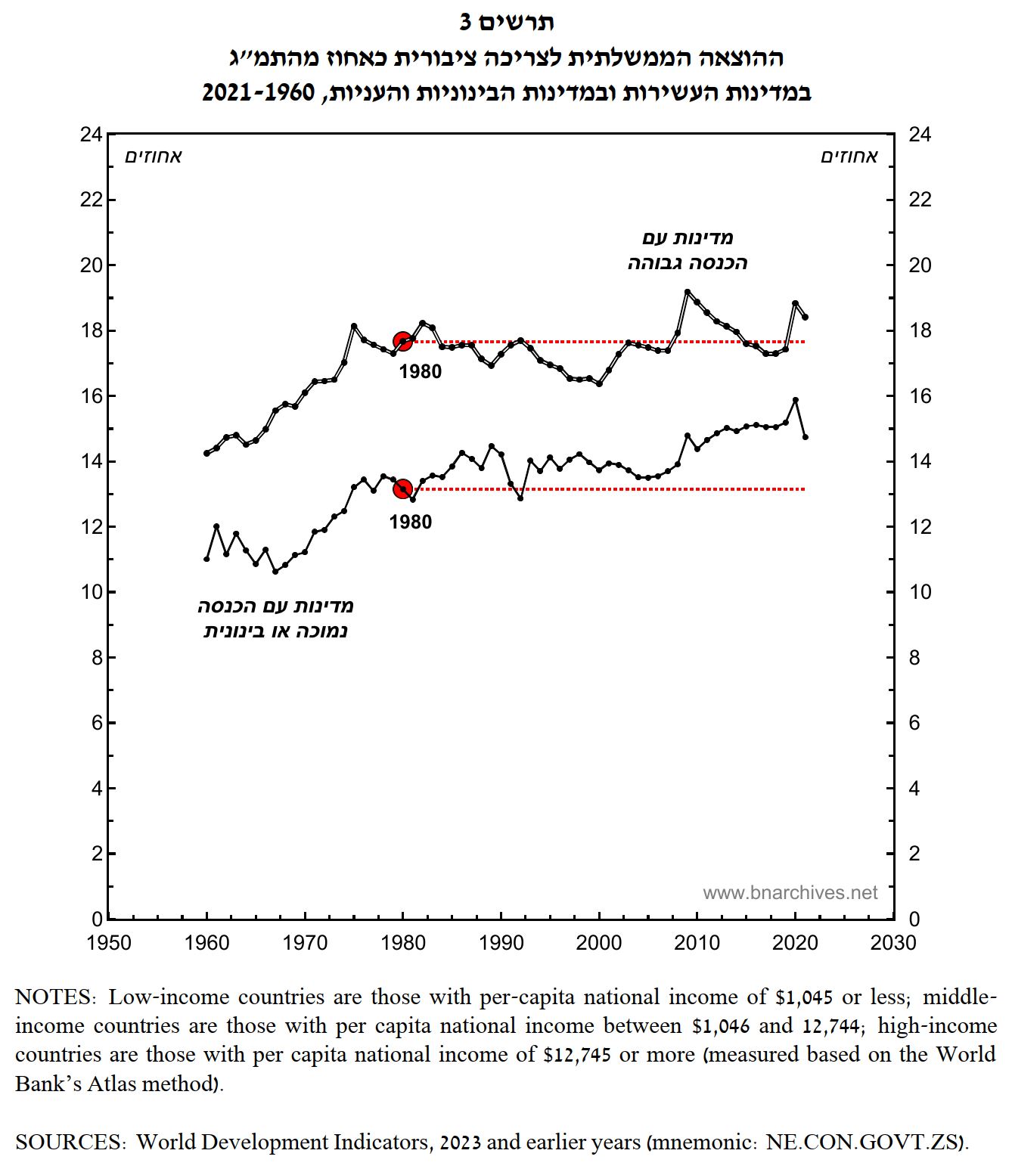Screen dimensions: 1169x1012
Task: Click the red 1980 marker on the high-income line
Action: [x=403, y=341]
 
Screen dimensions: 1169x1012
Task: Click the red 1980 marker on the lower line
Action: [x=403, y=489]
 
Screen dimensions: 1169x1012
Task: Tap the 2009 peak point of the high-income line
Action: [x=688, y=292]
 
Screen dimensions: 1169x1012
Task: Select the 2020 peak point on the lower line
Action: [x=796, y=400]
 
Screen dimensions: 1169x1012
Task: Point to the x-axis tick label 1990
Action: [x=501, y=943]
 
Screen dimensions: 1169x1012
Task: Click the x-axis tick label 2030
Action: [x=893, y=943]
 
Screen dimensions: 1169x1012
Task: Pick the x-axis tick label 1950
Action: [x=109, y=943]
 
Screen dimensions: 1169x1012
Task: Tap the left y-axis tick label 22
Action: [x=91, y=200]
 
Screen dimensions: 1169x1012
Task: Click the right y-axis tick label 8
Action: [x=914, y=658]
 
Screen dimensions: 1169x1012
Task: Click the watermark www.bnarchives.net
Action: [x=790, y=893]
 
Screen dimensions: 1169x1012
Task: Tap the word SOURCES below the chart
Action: [x=69, y=1142]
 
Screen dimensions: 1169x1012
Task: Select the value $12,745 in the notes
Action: [x=576, y=1055]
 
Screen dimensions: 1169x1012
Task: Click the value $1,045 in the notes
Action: [x=805, y=997]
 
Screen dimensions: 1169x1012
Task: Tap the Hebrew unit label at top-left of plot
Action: [x=154, y=157]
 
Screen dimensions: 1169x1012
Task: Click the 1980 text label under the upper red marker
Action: [x=421, y=371]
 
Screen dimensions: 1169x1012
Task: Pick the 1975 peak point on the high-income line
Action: [x=354, y=326]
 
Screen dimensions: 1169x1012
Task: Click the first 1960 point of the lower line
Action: [x=206, y=559]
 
